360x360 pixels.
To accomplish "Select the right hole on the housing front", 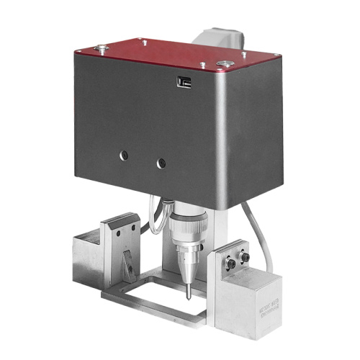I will (x=161, y=163).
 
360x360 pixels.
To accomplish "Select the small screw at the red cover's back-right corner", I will (x=243, y=53).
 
